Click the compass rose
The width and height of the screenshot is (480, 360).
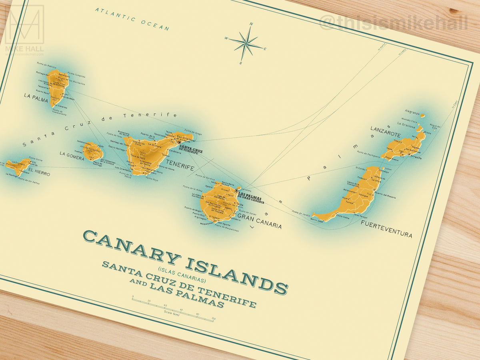click(246, 43)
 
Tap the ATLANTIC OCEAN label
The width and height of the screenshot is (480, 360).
click(132, 19)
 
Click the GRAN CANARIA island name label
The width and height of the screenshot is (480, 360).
click(259, 221)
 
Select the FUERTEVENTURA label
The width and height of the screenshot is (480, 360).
click(386, 228)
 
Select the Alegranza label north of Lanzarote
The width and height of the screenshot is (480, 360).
click(411, 112)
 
